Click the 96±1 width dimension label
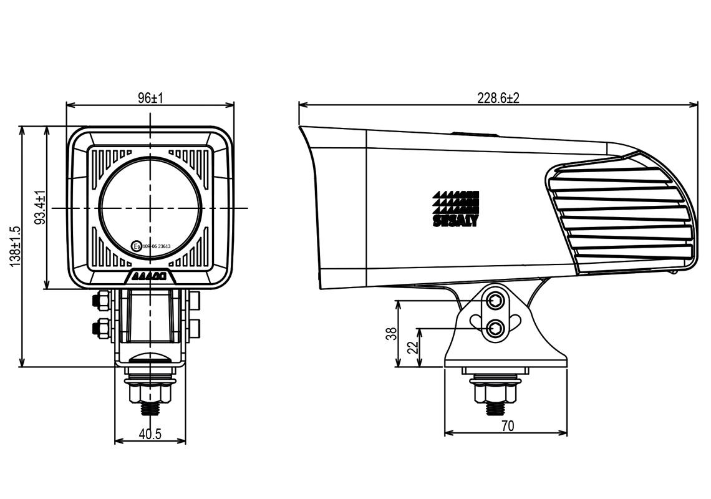150,98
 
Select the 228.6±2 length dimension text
498,98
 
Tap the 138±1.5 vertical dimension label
16,246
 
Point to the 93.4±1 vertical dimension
41,208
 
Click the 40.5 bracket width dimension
150,434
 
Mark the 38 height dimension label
391,334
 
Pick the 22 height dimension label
412,347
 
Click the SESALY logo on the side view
455,209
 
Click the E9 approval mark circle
137,246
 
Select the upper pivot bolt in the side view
496,301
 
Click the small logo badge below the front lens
150,276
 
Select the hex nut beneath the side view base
496,393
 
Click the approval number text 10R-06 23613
157,246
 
